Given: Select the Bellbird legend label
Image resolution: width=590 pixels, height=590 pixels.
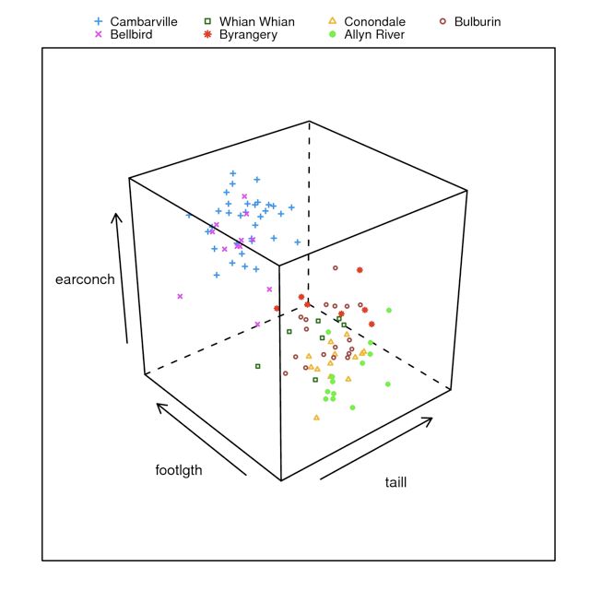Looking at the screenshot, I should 131,35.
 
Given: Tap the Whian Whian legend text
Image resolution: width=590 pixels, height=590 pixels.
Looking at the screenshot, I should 256,21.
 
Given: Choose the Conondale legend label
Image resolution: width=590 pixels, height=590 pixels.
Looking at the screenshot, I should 374,21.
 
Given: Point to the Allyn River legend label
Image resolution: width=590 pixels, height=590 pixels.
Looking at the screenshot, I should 373,35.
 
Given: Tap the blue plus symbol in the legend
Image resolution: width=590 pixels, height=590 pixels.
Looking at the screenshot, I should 99,21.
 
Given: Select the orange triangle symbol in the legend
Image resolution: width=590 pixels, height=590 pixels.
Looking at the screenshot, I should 333,21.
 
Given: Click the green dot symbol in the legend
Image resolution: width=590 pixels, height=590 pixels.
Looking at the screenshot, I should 333,35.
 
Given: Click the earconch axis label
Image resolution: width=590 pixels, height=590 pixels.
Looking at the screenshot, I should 85,280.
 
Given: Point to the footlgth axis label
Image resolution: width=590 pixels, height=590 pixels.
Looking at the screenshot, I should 179,469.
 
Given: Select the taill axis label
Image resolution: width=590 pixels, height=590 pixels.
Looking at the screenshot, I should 395,482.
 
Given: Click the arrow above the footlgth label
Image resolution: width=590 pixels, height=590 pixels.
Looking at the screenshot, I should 201,439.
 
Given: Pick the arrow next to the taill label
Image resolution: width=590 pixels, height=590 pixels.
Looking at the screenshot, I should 376,449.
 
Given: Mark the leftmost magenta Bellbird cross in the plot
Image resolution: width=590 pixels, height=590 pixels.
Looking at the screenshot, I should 180,296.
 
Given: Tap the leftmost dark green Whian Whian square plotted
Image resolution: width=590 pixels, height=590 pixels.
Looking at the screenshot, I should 258,366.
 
